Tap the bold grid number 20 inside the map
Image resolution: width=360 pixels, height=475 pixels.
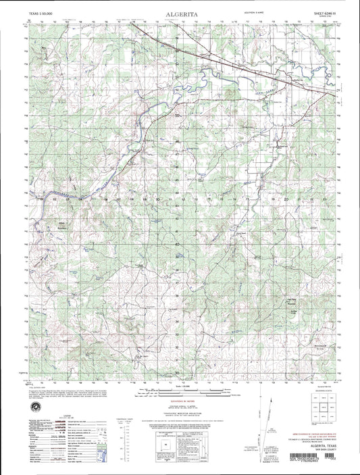(x=286, y=199)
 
